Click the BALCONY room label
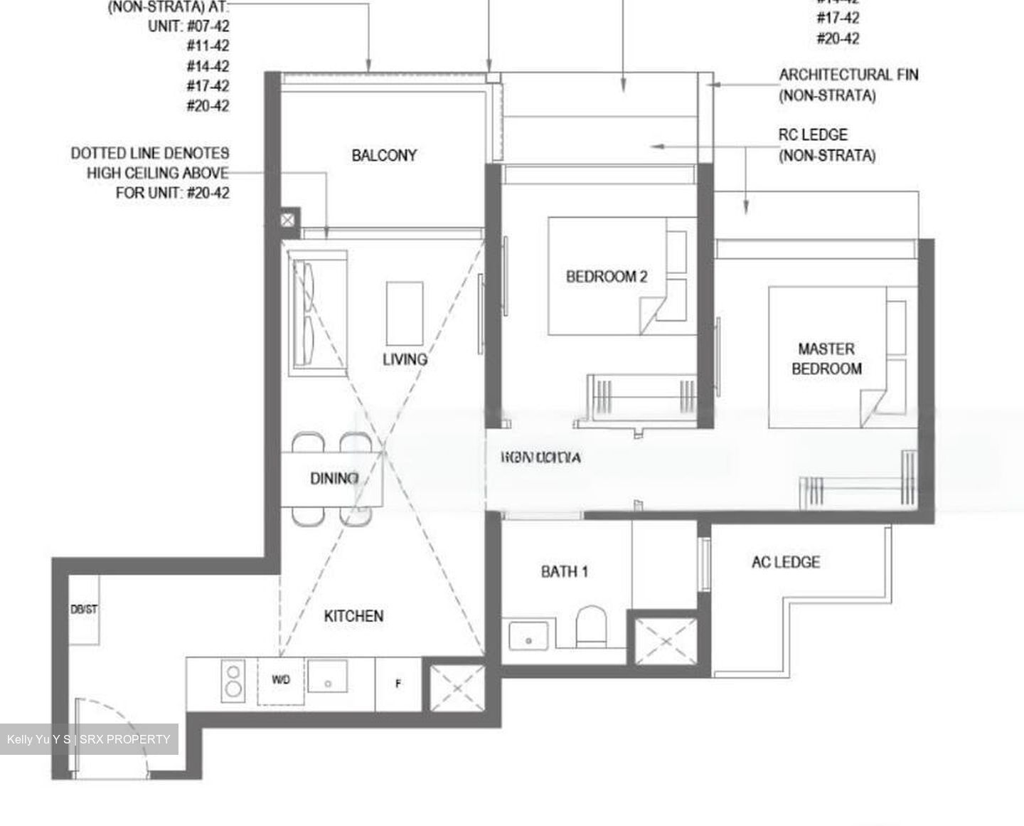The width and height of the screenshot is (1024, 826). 384,155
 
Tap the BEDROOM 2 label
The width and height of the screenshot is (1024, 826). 607,277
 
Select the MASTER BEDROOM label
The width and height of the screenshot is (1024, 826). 826,359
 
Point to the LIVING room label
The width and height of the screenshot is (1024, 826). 405,359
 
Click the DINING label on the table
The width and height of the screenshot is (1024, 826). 334,478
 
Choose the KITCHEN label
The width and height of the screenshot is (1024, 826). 353,616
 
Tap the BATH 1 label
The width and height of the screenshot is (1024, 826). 564,571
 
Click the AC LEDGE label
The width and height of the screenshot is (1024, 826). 785,562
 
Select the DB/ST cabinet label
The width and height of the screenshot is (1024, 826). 84,610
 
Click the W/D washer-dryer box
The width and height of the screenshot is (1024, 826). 281,680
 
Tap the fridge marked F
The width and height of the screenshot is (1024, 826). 398,684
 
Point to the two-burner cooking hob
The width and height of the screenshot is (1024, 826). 233,680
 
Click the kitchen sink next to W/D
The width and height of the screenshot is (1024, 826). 327,677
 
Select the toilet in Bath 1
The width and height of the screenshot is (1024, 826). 590,626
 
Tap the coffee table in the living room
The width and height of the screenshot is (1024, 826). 405,314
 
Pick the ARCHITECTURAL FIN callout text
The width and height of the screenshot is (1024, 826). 848,84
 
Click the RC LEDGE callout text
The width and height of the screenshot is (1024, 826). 826,144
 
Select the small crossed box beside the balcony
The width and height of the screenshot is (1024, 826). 287,221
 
